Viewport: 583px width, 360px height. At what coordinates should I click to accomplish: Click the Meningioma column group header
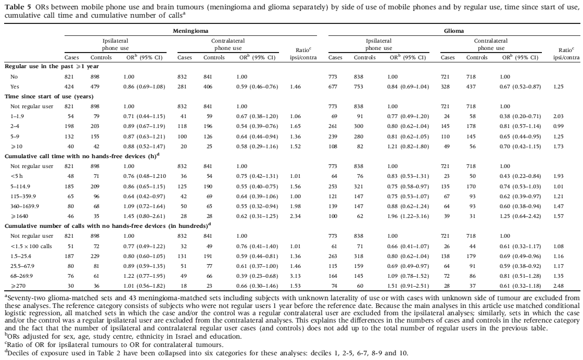[191, 31]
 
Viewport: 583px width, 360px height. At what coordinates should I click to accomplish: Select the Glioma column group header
[453, 31]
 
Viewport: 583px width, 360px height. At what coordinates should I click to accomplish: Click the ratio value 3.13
[295, 276]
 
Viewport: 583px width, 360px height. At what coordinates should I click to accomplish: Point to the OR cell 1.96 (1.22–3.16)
[409, 216]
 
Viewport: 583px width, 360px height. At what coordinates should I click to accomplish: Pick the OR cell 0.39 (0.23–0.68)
[257, 276]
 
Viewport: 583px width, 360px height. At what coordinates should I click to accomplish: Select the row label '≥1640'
[19, 216]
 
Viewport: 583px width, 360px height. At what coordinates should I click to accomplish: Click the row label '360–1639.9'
[24, 206]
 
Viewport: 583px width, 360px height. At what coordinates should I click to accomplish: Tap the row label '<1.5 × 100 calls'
[31, 246]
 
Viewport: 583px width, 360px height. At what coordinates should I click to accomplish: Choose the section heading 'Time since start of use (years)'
[49, 97]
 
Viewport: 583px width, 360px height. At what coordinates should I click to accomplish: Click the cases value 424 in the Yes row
[69, 86]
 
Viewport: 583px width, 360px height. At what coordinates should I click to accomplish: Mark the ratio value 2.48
[559, 286]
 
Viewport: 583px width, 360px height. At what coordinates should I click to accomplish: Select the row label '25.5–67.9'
[22, 266]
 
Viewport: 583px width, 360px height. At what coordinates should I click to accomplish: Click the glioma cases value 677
[333, 86]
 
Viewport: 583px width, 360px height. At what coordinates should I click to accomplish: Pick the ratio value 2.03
[559, 117]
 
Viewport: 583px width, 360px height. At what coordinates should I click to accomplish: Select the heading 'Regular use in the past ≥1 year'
[52, 67]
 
